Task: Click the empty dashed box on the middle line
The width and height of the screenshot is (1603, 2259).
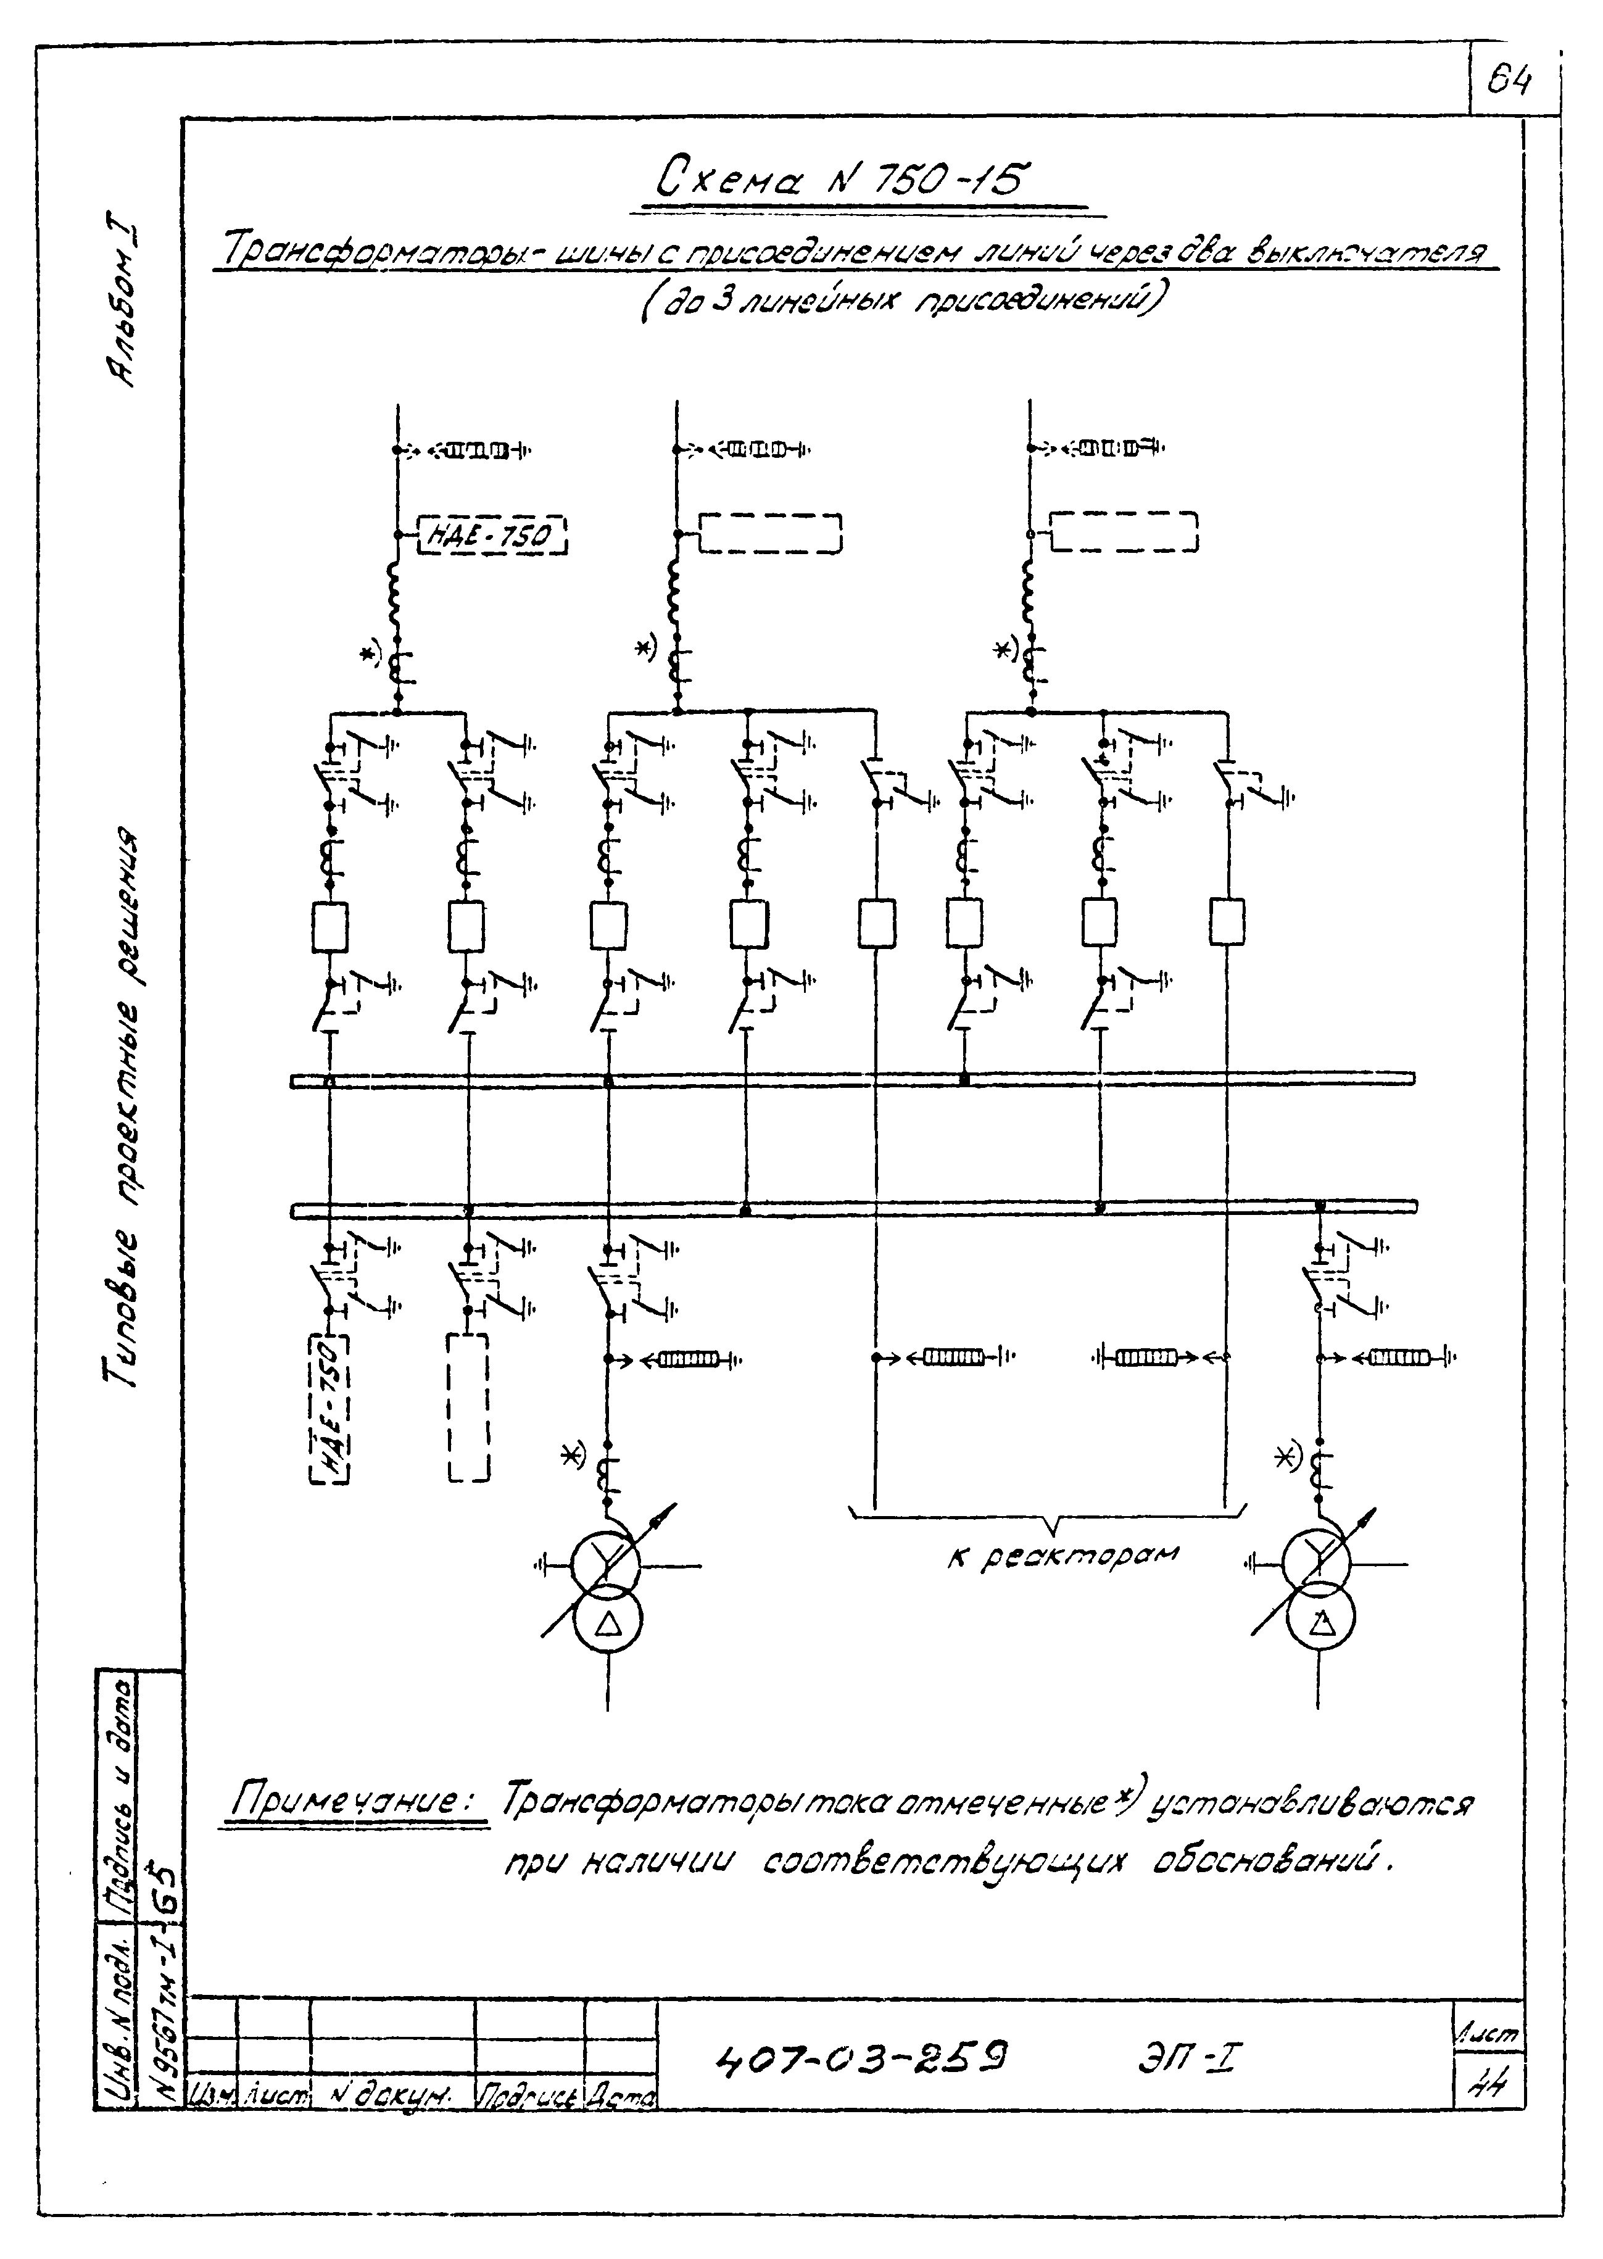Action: [x=771, y=533]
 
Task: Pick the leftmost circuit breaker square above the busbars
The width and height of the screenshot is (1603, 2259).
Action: [x=329, y=926]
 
